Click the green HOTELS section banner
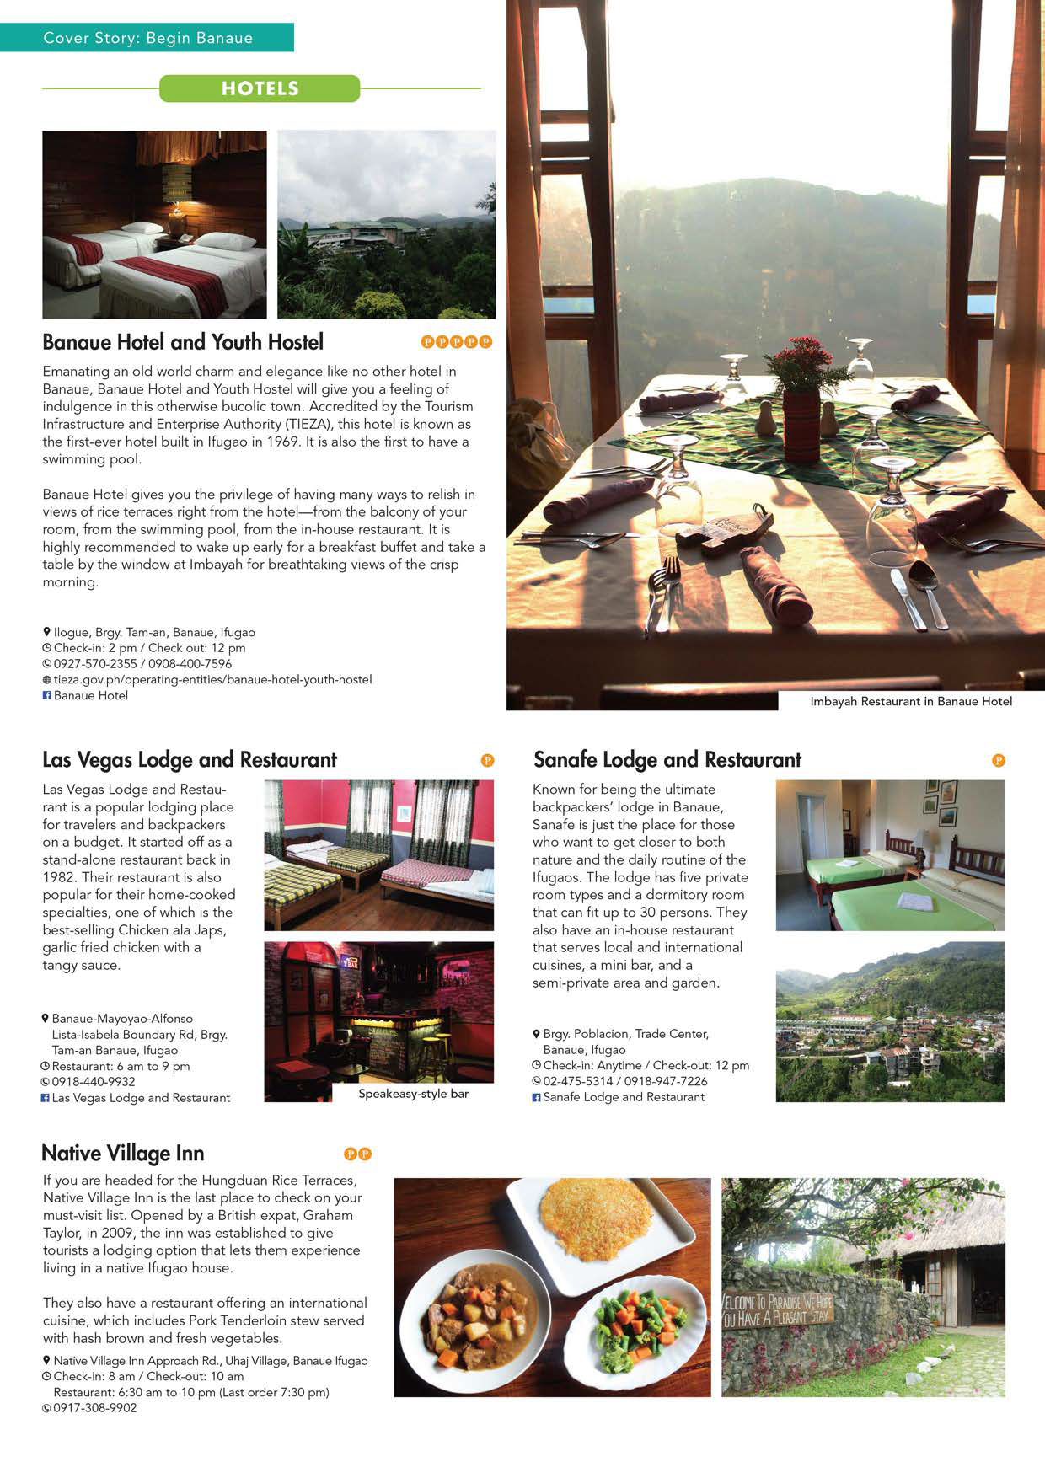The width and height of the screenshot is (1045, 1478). (x=260, y=88)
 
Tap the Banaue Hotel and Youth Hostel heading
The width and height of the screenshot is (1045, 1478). (x=183, y=342)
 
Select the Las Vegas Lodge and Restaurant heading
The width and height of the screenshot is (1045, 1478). (x=190, y=760)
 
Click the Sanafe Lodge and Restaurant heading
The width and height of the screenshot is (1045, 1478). (x=667, y=760)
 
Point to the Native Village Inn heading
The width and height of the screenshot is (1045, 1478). (x=123, y=1154)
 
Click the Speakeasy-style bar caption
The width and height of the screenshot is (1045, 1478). (x=413, y=1094)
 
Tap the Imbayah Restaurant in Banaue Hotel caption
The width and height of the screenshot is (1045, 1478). (x=911, y=701)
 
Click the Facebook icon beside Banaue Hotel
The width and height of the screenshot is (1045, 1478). (x=47, y=695)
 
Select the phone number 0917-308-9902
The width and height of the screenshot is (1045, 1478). (x=94, y=1408)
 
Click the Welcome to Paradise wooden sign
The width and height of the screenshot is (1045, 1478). (x=776, y=1309)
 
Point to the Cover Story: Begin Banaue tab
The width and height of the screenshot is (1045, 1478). (x=147, y=38)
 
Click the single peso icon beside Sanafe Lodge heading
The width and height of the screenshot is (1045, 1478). (x=999, y=760)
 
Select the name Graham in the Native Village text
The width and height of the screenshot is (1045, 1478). (x=328, y=1215)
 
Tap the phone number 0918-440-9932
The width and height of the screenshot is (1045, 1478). (x=94, y=1082)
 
